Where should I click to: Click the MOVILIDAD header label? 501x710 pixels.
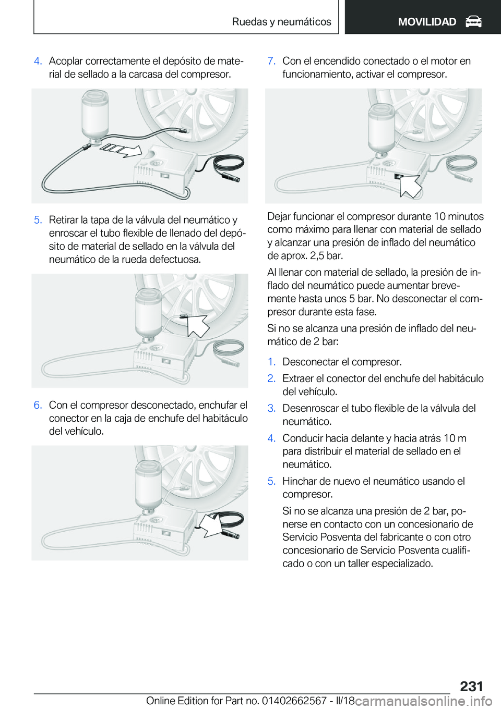[427, 22]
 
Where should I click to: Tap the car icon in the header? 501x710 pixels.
[473, 22]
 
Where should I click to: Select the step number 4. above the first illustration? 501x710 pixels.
[38, 61]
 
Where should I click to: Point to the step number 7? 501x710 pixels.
[271, 61]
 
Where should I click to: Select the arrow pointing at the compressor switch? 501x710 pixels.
[410, 186]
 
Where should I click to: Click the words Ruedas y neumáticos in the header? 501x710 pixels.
[281, 22]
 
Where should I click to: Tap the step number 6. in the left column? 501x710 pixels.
[38, 405]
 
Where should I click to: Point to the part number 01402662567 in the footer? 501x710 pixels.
[297, 700]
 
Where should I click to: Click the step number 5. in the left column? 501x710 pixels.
[38, 219]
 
